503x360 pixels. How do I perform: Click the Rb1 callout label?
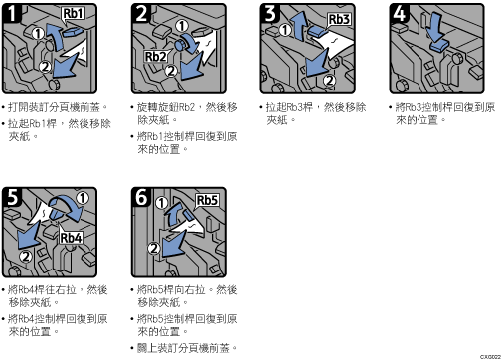[x=74, y=13]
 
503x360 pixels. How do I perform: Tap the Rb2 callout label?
[x=155, y=57]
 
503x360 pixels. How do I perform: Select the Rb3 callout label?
[x=339, y=19]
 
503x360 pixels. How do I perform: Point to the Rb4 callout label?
[x=71, y=238]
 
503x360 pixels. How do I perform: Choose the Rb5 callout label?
[x=207, y=200]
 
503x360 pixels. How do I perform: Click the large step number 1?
[x=11, y=13]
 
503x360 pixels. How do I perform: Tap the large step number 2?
[x=141, y=13]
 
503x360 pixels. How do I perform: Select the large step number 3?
[x=270, y=13]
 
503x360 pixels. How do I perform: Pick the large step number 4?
[x=400, y=13]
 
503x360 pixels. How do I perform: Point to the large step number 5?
[x=12, y=197]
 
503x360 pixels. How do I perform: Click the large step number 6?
[x=141, y=197]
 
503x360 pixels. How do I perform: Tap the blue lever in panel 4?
[x=439, y=45]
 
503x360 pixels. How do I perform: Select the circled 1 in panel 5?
[x=83, y=198]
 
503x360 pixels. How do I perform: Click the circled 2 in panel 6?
[x=154, y=248]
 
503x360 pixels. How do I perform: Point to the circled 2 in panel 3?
[x=329, y=80]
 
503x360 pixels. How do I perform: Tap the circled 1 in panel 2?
[x=182, y=26]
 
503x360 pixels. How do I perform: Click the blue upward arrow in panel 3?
[x=300, y=26]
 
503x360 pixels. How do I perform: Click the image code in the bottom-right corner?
[x=490, y=357]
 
